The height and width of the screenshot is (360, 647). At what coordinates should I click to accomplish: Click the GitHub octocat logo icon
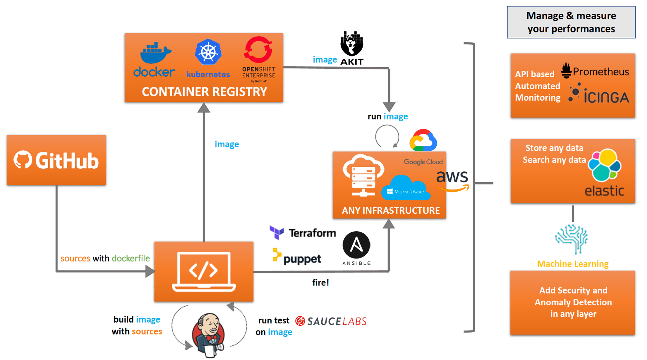(23, 160)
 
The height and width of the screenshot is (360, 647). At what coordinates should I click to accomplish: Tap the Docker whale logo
(155, 53)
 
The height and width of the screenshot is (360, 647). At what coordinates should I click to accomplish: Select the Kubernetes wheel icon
(208, 52)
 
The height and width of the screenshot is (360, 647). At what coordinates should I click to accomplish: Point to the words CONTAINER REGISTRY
(204, 92)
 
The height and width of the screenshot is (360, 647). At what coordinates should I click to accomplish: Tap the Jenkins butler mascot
(209, 335)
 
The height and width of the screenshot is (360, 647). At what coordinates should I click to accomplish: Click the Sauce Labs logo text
(331, 321)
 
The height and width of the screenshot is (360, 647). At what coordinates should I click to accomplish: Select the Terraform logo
(303, 233)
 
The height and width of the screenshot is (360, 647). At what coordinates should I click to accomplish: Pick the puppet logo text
(302, 259)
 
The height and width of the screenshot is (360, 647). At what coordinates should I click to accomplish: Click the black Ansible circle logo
(356, 245)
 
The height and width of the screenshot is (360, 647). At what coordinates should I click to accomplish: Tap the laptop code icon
(204, 271)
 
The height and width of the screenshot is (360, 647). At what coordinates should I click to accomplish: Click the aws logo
(452, 180)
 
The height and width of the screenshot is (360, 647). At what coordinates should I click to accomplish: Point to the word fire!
(320, 283)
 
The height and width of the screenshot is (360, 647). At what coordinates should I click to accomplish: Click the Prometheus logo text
(600, 72)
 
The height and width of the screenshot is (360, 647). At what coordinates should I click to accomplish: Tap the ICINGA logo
(599, 94)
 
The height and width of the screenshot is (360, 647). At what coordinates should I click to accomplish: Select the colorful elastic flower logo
(605, 165)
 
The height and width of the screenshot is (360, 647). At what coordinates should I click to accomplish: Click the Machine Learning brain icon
(572, 238)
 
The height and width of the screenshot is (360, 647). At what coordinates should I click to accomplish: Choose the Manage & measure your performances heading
(571, 22)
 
